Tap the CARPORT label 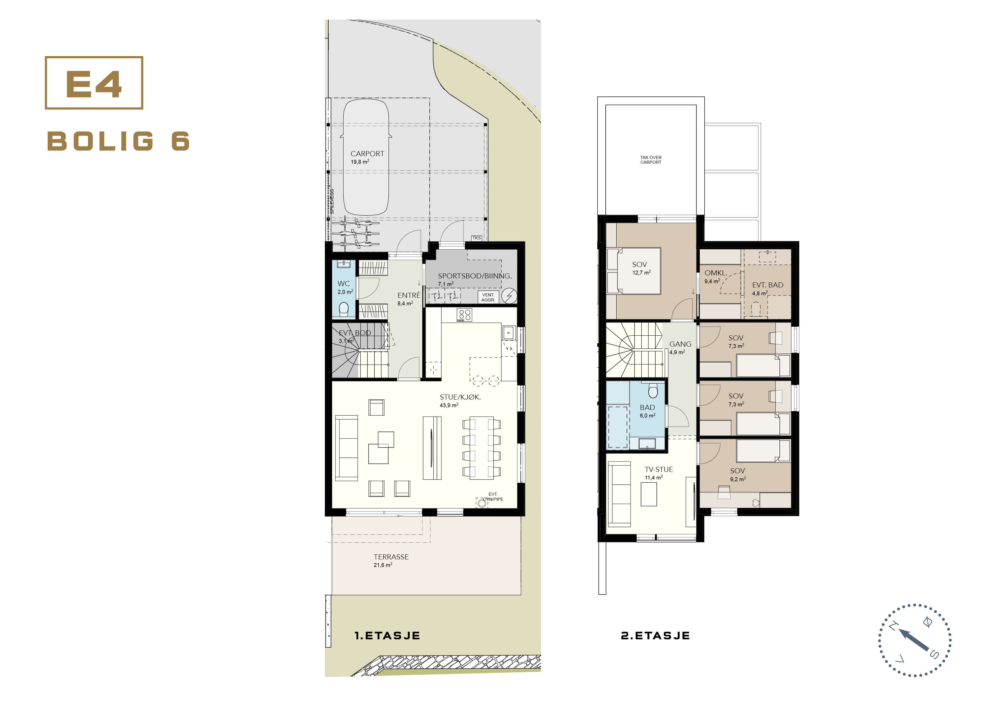367,154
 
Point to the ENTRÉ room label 409,295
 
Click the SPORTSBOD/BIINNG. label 475,276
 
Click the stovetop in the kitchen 464,315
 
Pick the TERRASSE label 391,557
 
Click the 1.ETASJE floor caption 387,635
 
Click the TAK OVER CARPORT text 651,160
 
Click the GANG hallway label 680,344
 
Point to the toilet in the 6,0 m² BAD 653,390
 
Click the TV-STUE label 659,469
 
